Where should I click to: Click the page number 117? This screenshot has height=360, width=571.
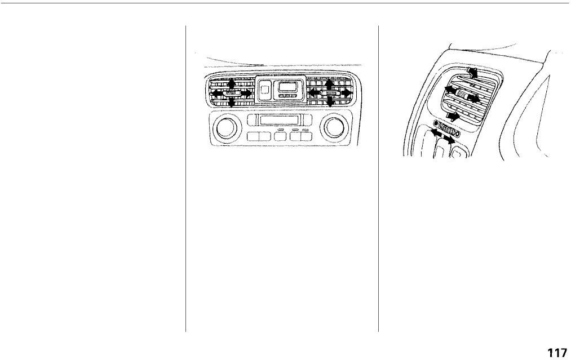click(556, 353)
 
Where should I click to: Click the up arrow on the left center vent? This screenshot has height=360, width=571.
click(231, 83)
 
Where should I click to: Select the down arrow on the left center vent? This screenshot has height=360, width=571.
click(231, 102)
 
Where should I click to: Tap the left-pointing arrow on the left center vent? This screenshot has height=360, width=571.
click(216, 92)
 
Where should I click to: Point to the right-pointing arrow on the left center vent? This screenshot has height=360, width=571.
click(245, 92)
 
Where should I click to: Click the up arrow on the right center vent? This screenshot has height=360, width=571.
click(330, 83)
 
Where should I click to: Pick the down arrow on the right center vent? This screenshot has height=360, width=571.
click(330, 103)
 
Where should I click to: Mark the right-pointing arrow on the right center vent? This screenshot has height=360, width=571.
click(346, 92)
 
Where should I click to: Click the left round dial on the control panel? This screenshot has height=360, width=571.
click(224, 129)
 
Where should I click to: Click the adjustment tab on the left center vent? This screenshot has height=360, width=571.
click(231, 92)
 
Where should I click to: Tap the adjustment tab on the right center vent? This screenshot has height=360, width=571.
click(330, 92)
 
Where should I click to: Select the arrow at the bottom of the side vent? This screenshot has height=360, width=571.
click(453, 117)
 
